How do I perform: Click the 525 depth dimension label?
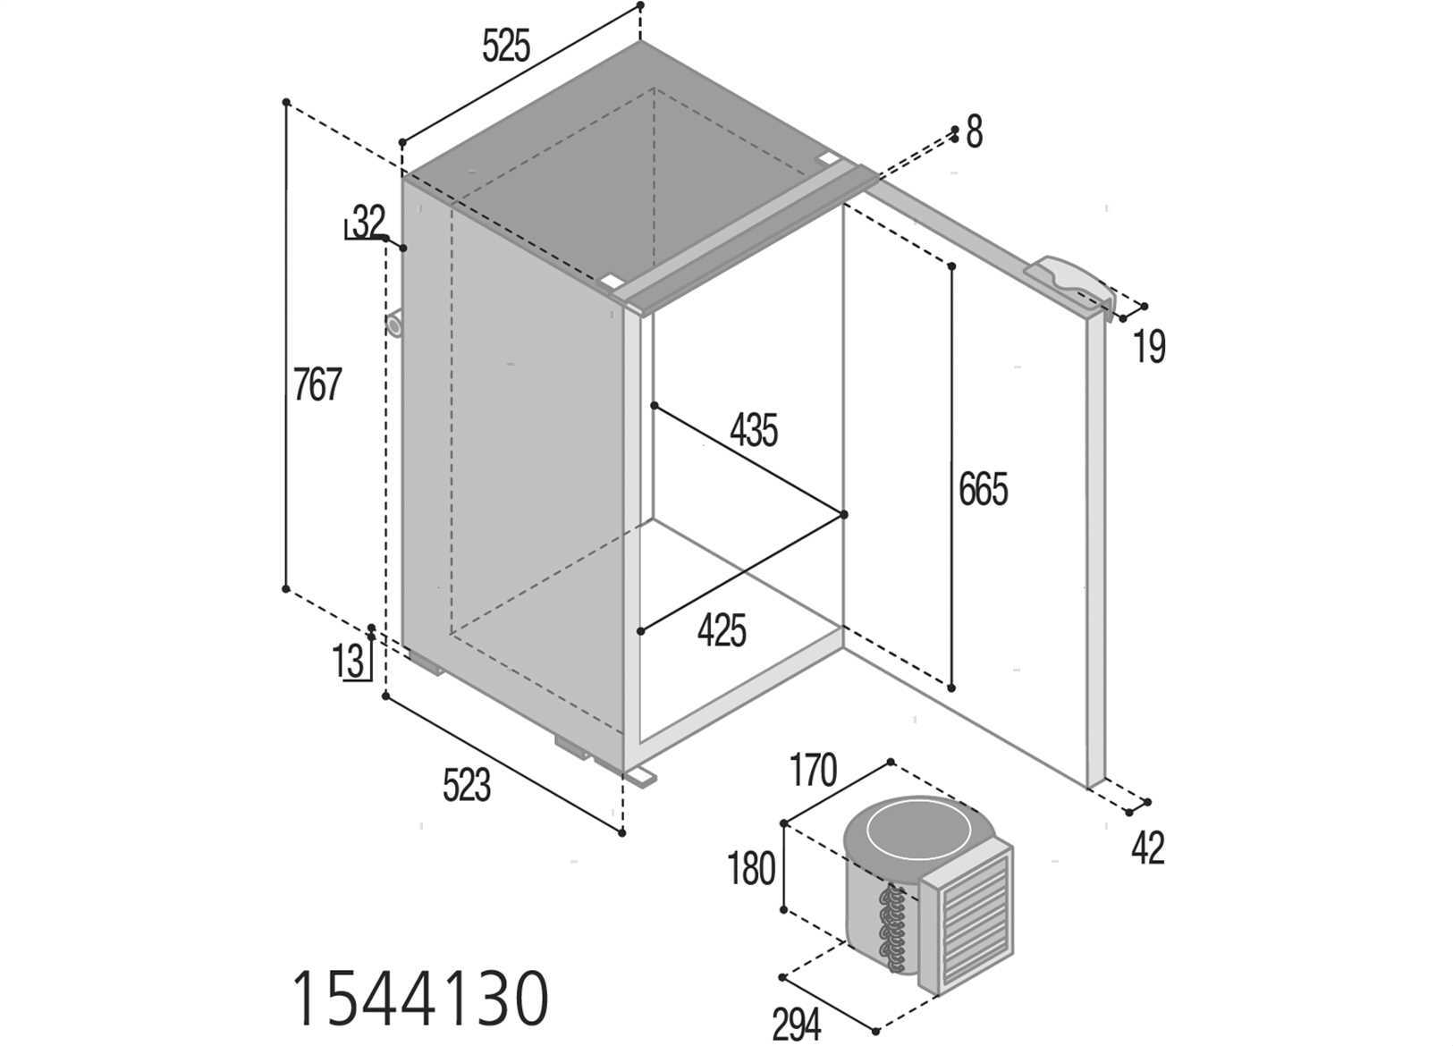507,46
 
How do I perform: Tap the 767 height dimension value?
317,384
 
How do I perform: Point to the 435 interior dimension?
754,431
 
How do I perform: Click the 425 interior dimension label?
722,630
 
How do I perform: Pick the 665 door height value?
984,489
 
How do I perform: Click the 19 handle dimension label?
1149,346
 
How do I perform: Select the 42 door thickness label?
1148,848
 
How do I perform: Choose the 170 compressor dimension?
813,771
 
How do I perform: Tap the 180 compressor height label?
751,869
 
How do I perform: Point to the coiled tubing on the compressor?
891,929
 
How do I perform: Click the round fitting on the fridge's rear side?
393,325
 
